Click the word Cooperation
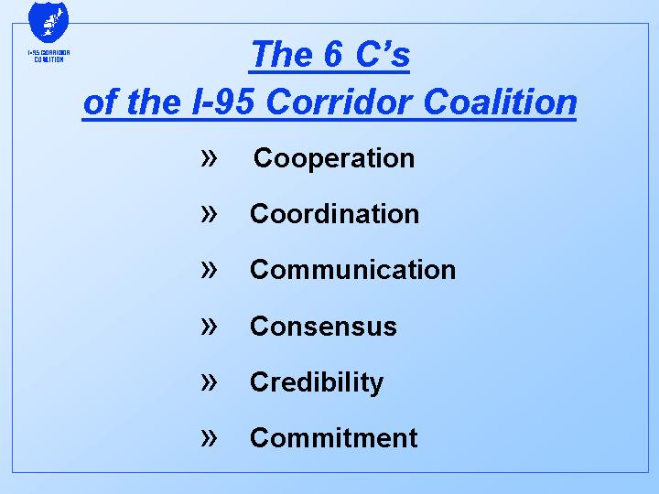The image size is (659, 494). tap(334, 158)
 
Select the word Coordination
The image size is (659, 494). tap(334, 214)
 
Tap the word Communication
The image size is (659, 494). tap(352, 270)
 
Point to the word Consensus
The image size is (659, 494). tap(323, 327)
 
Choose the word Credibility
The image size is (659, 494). tap(316, 382)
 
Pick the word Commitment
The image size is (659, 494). tap(333, 438)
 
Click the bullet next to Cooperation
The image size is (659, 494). tap(210, 157)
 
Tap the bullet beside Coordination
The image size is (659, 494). tap(210, 213)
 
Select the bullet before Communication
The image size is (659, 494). tap(210, 269)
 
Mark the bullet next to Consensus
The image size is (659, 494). tap(210, 326)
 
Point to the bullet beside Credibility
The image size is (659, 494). tap(210, 381)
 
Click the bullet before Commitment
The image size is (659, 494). tap(210, 437)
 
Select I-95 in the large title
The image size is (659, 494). tap(226, 102)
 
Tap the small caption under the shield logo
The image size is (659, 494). tap(49, 56)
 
